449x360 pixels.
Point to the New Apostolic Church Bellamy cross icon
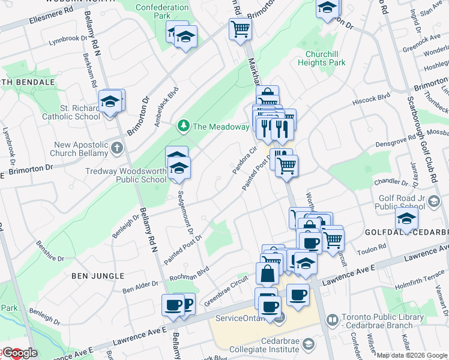pos(117,147)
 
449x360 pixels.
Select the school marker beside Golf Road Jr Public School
pos(407,220)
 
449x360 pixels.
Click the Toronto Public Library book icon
pos(332,321)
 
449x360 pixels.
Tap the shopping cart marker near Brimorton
pos(240,29)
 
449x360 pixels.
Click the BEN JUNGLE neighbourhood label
pos(97,275)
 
